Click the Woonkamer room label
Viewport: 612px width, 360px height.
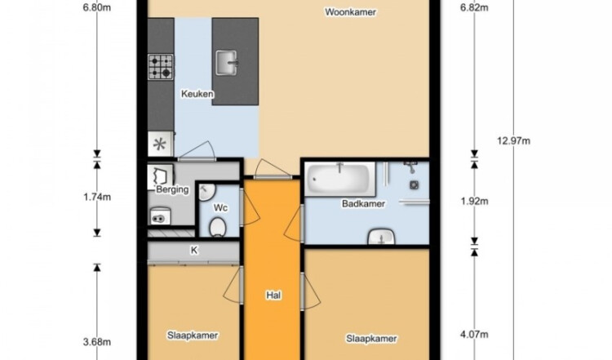(351, 12)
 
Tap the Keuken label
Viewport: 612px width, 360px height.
(197, 94)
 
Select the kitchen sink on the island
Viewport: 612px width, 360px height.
(227, 63)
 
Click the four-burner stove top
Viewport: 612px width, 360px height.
(161, 67)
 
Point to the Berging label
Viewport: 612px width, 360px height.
(172, 189)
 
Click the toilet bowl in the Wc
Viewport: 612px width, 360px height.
(217, 227)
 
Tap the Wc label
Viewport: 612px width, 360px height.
(220, 207)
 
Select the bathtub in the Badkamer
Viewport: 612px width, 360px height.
(340, 179)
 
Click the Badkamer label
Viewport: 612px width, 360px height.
(363, 203)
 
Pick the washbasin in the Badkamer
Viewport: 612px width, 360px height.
(382, 237)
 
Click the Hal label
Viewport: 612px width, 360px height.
(273, 296)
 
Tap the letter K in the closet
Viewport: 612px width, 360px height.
(194, 251)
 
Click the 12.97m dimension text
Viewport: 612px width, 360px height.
(513, 140)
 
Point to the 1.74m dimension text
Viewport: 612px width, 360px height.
(97, 197)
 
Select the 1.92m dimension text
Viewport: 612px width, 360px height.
(474, 201)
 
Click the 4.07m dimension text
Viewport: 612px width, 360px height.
(474, 334)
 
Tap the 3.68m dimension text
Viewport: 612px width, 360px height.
(97, 342)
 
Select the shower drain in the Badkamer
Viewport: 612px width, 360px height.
(414, 184)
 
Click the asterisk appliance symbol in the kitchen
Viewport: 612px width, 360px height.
(160, 144)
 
